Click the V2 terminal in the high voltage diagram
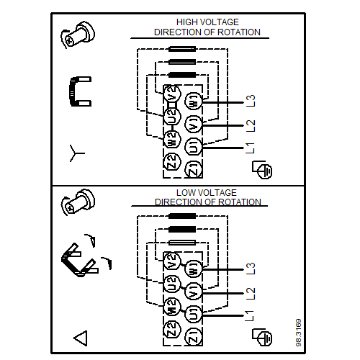click(172, 94)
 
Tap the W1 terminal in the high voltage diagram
click(194, 102)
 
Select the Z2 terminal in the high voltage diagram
click(172, 161)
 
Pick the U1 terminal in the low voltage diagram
click(194, 315)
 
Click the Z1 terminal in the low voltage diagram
click(194, 336)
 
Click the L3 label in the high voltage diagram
click(251, 101)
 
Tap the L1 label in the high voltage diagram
click(251, 148)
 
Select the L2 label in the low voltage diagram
click(251, 293)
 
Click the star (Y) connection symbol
click(76, 153)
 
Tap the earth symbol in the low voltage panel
click(262, 337)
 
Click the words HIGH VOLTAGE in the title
click(207, 22)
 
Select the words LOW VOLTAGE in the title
click(207, 192)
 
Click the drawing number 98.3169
click(299, 333)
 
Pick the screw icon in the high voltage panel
click(78, 35)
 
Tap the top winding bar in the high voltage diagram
click(182, 49)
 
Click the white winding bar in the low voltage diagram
click(182, 243)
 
